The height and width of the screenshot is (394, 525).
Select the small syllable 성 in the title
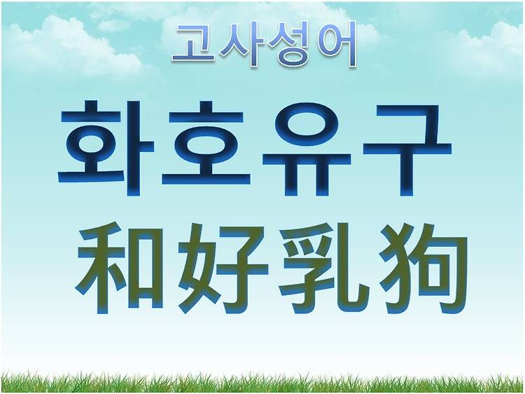290,46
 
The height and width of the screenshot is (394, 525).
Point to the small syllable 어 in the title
337,45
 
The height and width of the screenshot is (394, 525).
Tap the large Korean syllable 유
307,149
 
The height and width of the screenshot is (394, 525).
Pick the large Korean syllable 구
407,149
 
